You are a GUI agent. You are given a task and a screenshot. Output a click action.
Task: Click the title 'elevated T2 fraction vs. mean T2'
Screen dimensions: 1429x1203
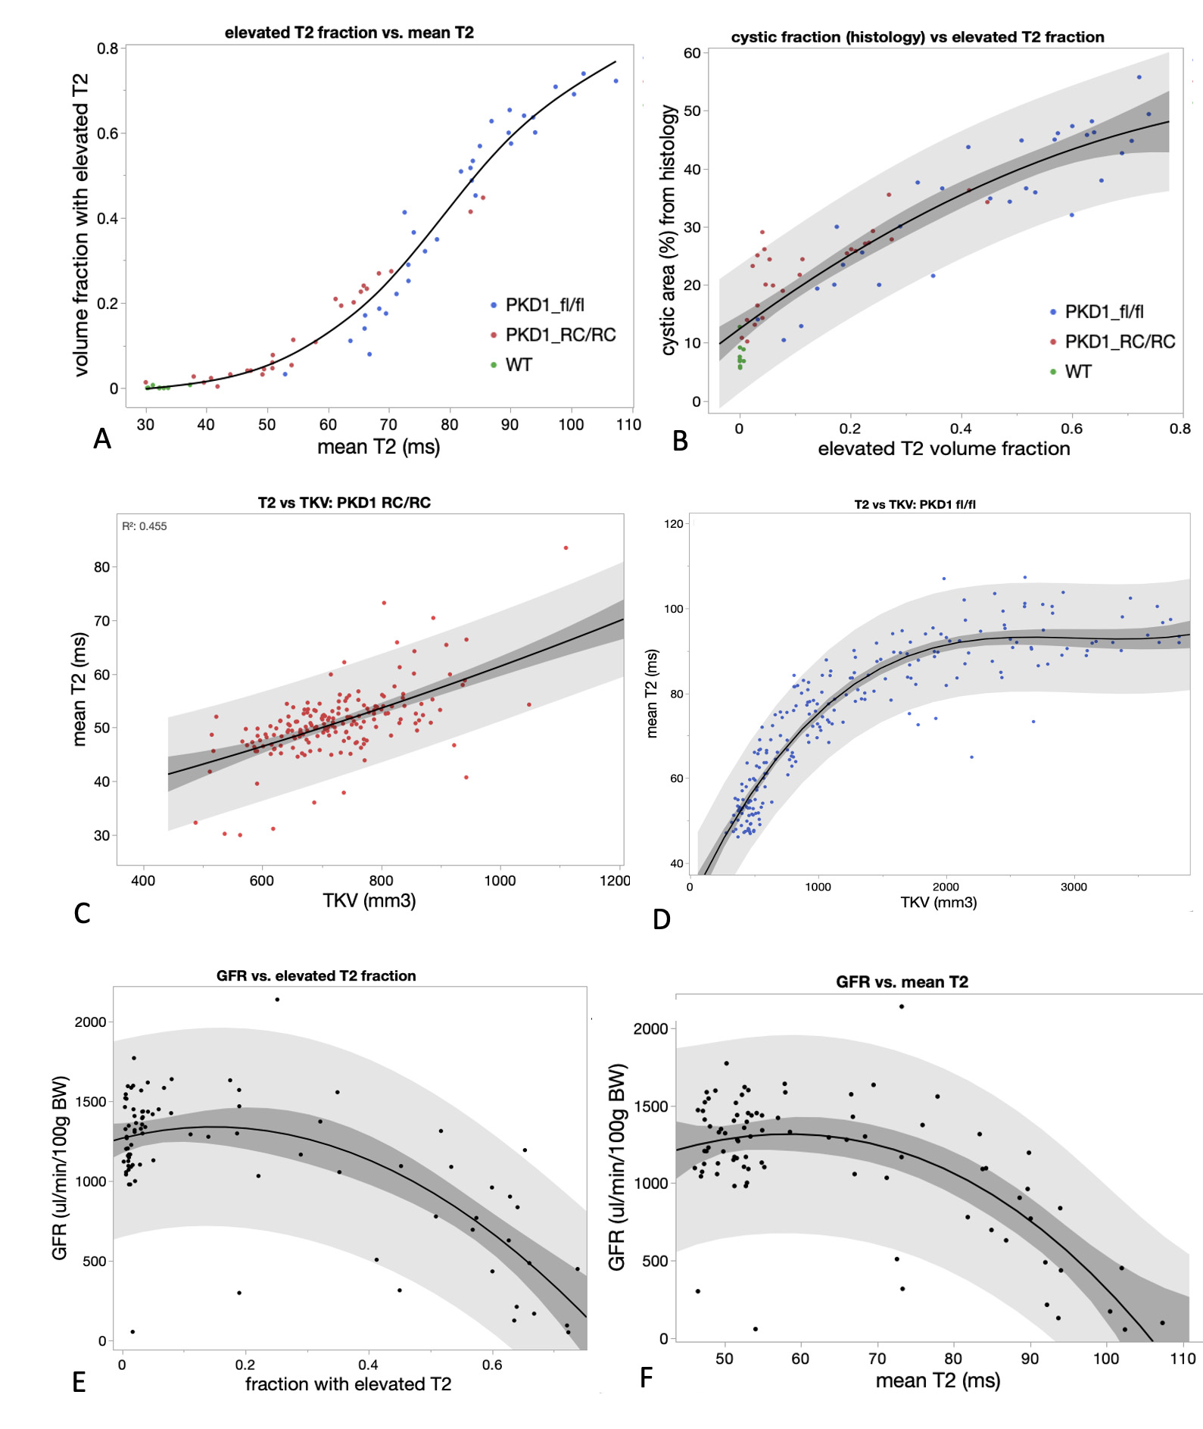click(349, 33)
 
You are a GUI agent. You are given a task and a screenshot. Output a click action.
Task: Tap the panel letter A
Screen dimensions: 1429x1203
click(102, 439)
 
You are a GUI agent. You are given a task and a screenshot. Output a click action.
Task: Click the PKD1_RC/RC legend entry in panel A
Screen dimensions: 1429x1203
click(559, 335)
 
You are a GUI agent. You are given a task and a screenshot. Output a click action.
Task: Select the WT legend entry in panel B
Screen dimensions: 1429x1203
click(1077, 372)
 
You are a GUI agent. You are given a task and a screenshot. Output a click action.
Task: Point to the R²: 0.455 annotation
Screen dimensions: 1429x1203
click(145, 526)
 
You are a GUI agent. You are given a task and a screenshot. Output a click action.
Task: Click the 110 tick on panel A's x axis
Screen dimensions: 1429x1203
click(628, 425)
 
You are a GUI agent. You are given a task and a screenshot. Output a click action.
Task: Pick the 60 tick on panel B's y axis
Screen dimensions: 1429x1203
click(692, 53)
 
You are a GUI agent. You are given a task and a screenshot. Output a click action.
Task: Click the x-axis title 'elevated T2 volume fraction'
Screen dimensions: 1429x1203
click(943, 448)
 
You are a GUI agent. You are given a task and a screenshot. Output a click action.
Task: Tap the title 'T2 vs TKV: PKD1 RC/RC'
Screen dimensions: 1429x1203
click(344, 503)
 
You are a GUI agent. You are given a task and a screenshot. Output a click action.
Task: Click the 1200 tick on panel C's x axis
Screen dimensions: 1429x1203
click(615, 880)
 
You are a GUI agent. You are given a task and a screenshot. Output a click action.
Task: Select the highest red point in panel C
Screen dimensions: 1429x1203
click(566, 548)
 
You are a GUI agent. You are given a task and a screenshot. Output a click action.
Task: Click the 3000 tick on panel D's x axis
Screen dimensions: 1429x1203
click(1074, 887)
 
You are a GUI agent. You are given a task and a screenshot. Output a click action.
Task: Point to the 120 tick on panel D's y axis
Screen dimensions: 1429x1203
click(673, 523)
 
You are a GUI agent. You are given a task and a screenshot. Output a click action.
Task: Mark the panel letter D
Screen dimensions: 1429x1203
click(662, 919)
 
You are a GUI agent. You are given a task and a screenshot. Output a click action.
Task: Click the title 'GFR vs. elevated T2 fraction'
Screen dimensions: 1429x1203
click(316, 975)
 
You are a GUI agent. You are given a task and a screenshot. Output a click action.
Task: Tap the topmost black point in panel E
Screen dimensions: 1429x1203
click(277, 1000)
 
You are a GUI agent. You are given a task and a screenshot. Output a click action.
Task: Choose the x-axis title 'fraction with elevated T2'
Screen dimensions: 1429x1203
click(347, 1384)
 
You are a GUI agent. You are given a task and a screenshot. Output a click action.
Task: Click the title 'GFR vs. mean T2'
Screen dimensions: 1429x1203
click(902, 981)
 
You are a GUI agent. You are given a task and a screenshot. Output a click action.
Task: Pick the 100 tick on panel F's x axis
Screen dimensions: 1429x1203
click(1106, 1359)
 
